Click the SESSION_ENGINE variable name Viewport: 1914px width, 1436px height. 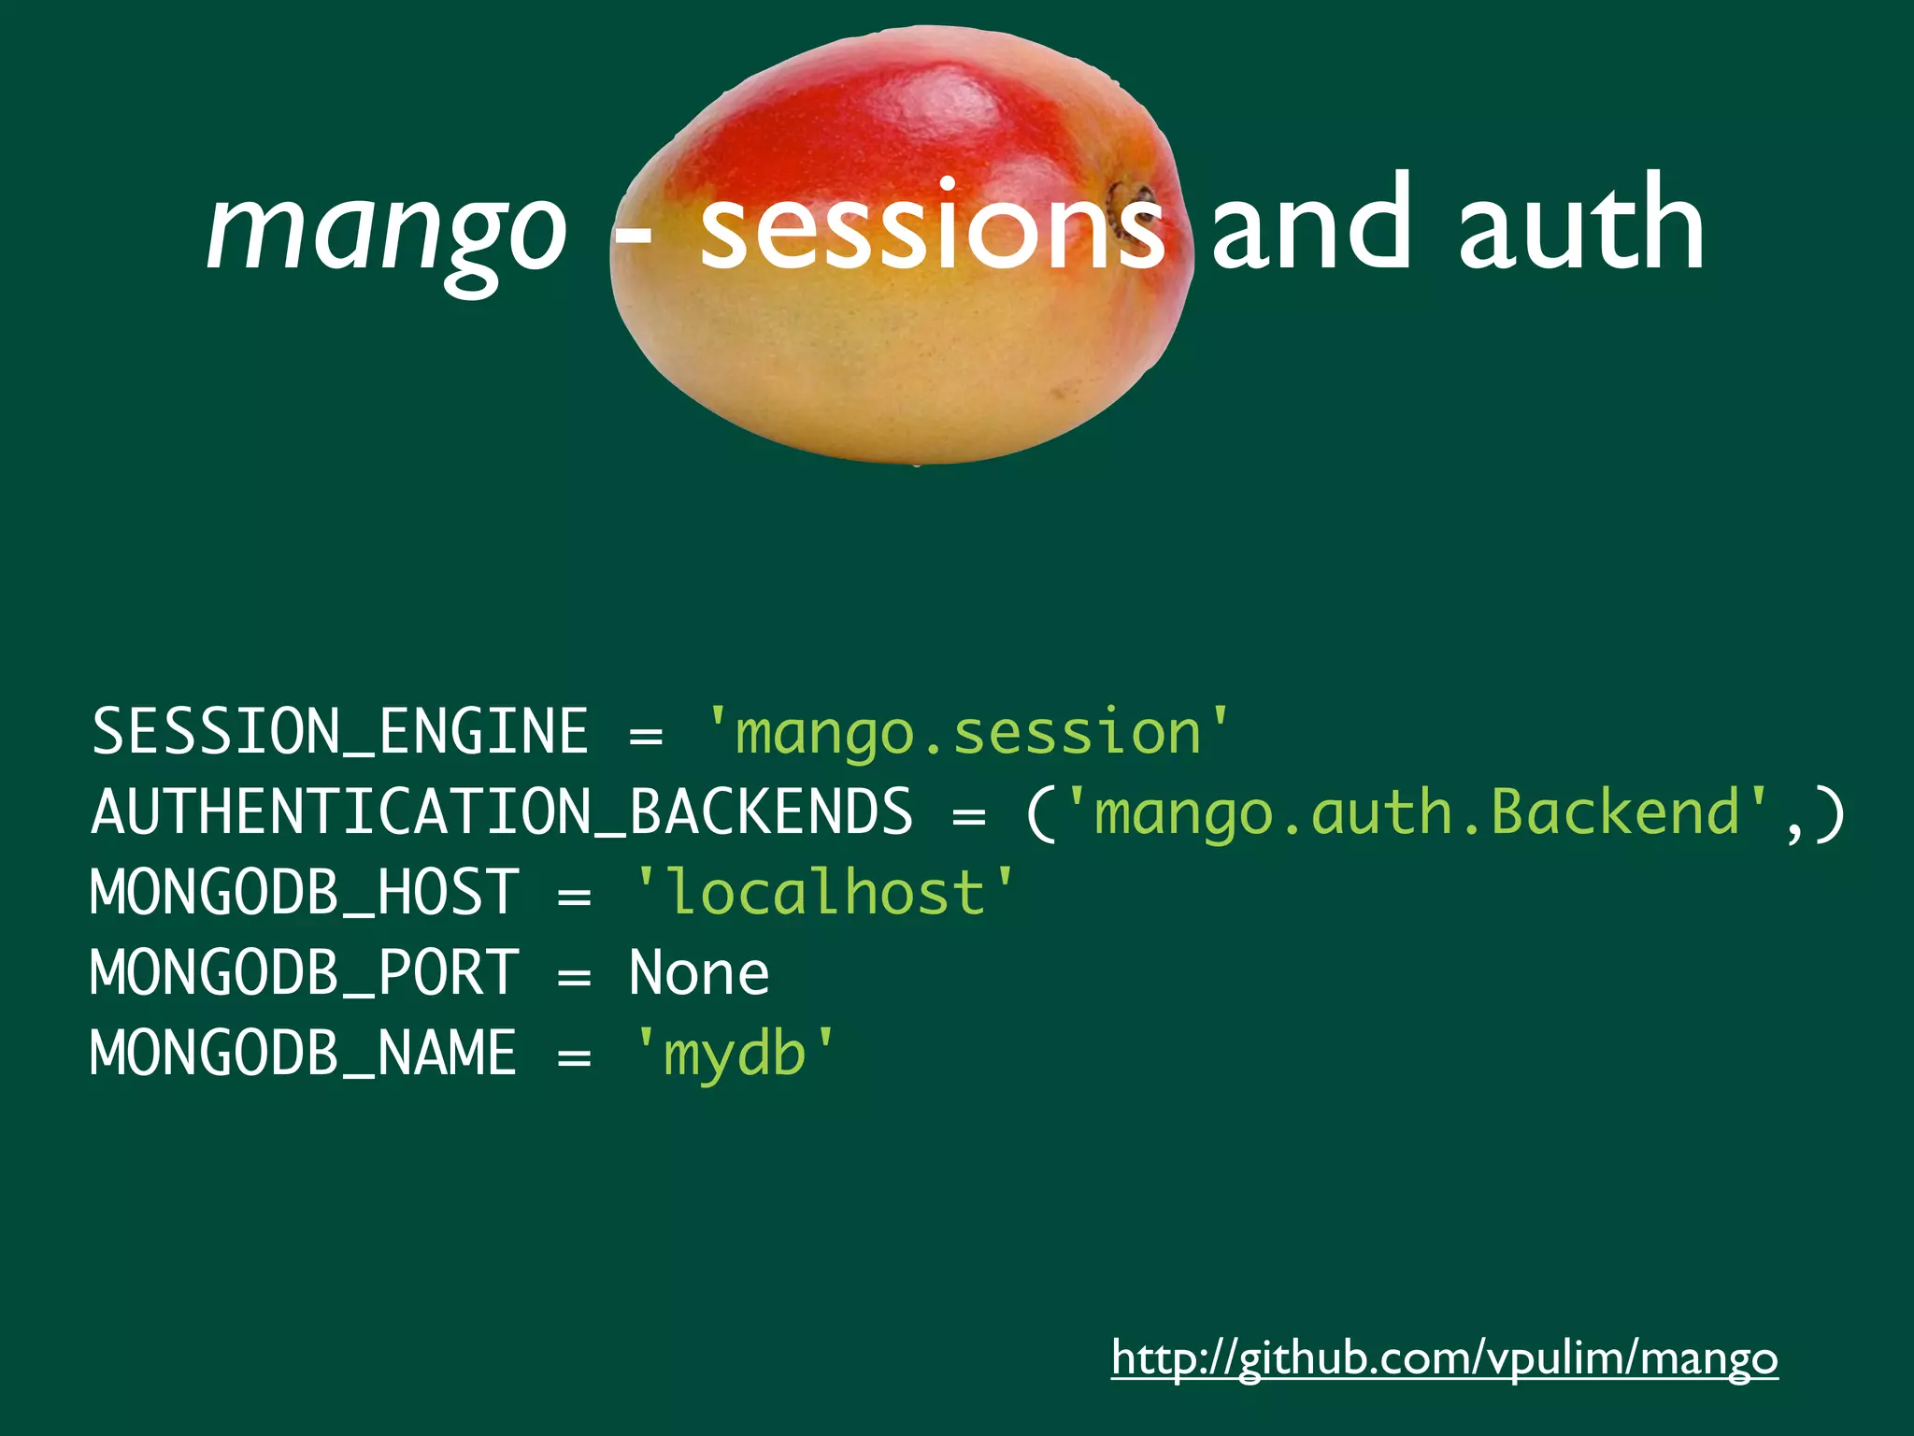(340, 731)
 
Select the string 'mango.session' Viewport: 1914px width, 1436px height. (967, 731)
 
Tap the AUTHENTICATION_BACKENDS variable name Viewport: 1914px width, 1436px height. (502, 811)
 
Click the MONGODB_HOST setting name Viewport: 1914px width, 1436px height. (305, 892)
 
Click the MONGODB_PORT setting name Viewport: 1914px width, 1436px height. (305, 972)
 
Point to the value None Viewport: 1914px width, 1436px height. (699, 972)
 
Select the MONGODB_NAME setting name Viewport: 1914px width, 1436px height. (304, 1053)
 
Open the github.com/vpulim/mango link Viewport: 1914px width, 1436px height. (1444, 1357)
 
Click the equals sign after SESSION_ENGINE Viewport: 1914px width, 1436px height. (646, 735)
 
